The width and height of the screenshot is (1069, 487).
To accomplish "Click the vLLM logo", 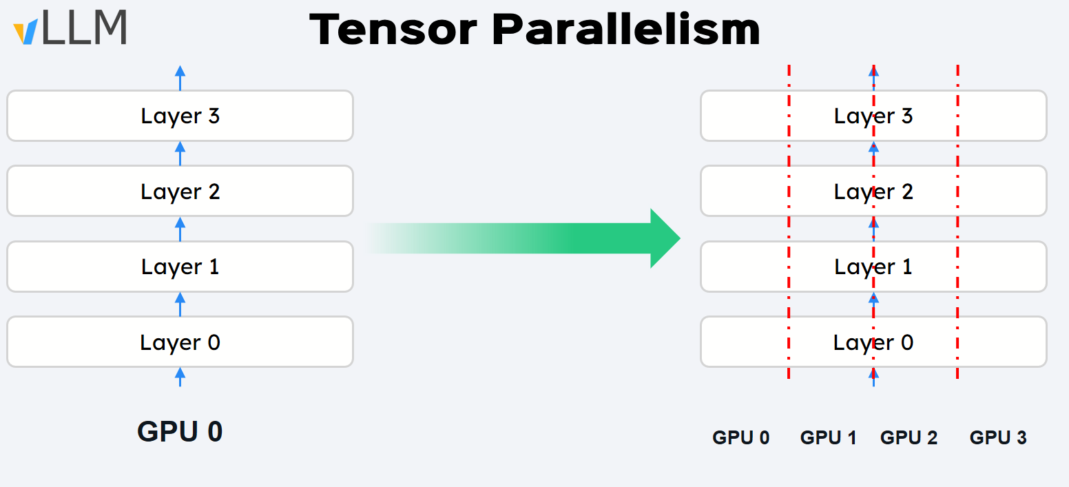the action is pos(70,28).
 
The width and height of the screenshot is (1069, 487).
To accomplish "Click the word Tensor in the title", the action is pos(393,30).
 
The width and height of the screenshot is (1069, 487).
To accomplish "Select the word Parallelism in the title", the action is pos(625,30).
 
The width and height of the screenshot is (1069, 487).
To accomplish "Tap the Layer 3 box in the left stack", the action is pos(180,116).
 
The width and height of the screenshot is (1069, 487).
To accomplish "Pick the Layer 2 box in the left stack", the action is pos(180,191).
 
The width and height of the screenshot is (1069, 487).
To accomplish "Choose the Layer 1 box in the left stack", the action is pos(180,267).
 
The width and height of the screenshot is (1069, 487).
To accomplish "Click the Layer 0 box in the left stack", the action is pos(180,342).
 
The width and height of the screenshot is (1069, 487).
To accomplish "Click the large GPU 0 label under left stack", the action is pos(180,432).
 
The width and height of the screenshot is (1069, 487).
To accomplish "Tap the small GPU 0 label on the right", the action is pos(740,437).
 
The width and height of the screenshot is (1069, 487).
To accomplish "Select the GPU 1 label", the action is pos(828,437).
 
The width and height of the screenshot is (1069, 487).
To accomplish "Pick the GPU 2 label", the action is pos(909,437).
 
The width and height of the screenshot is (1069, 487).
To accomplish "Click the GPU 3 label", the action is pos(998,437).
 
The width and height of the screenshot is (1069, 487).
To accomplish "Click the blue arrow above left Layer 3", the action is pos(180,78).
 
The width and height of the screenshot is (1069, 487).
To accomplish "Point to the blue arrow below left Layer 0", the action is pos(180,377).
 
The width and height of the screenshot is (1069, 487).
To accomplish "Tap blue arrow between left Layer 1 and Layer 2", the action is pos(180,229).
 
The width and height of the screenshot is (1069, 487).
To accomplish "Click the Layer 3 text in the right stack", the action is pos(873,116).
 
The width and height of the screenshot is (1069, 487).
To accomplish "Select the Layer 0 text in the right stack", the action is pos(873,342).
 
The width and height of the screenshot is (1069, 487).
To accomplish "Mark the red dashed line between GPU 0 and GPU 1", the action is pos(789,222).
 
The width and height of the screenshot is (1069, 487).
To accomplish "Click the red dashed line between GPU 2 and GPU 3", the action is pos(958,222).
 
